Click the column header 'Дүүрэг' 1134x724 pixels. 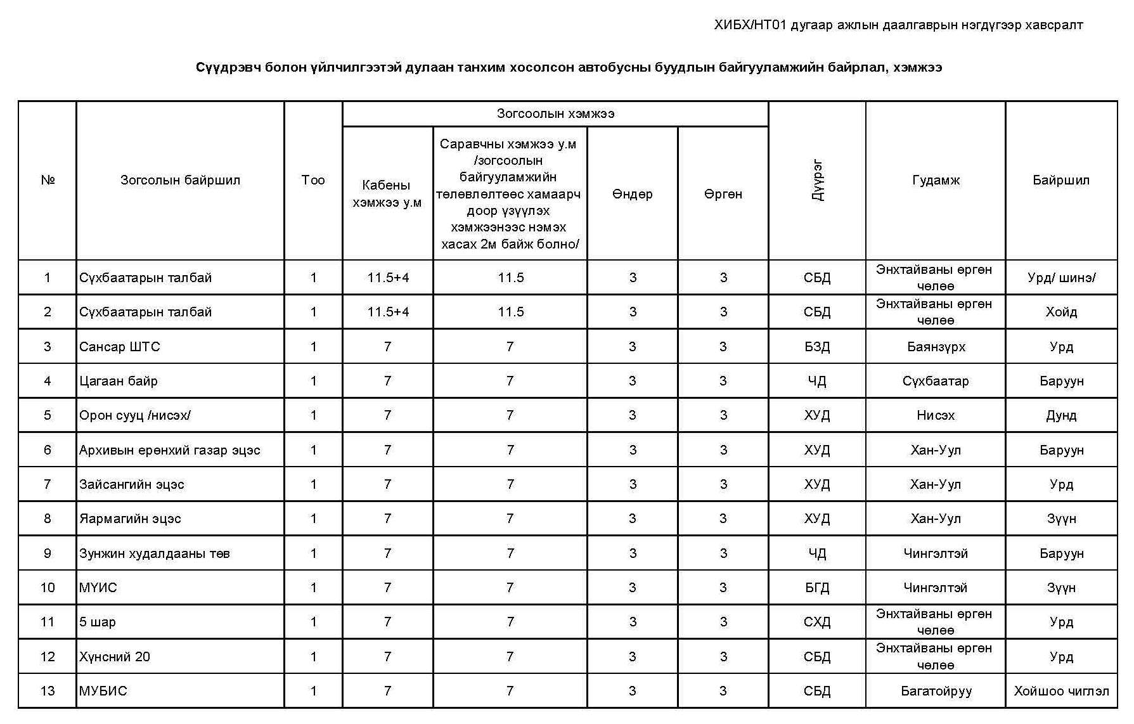coord(817,180)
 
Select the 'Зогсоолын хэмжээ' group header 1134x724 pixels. coord(555,113)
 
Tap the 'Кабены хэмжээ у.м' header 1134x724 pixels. coord(387,194)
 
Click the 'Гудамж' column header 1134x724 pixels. coord(936,180)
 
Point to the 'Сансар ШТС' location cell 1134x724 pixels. coord(120,347)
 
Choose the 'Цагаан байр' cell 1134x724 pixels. coord(119,381)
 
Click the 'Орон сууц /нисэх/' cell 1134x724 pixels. coord(135,415)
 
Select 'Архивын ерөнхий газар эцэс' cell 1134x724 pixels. coord(170,450)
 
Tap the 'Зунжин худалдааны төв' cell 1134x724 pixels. coord(155,553)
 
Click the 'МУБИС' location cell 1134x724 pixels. coord(103,691)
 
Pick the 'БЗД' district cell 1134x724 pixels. coord(817,347)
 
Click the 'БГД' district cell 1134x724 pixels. coord(817,588)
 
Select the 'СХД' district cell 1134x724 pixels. coord(817,622)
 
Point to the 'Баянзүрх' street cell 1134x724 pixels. coord(936,347)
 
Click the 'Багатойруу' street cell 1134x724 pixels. coord(936,691)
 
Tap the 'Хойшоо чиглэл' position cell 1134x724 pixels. coord(1061,691)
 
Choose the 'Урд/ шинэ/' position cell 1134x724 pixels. coord(1061,278)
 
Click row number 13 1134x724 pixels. coord(48,691)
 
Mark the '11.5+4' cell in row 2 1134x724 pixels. coord(388,312)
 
